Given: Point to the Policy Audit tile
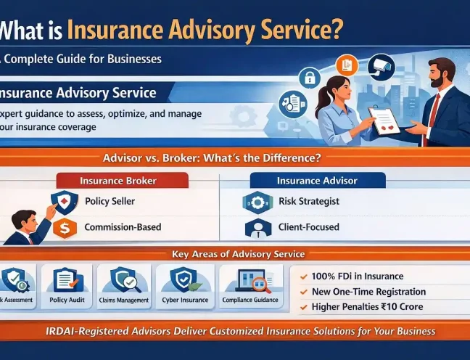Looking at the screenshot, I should pos(67,286).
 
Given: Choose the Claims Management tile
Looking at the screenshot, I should pos(124,286).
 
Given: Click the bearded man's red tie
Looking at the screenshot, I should pos(434,108).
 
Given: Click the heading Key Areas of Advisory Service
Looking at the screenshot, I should pos(238,255).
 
